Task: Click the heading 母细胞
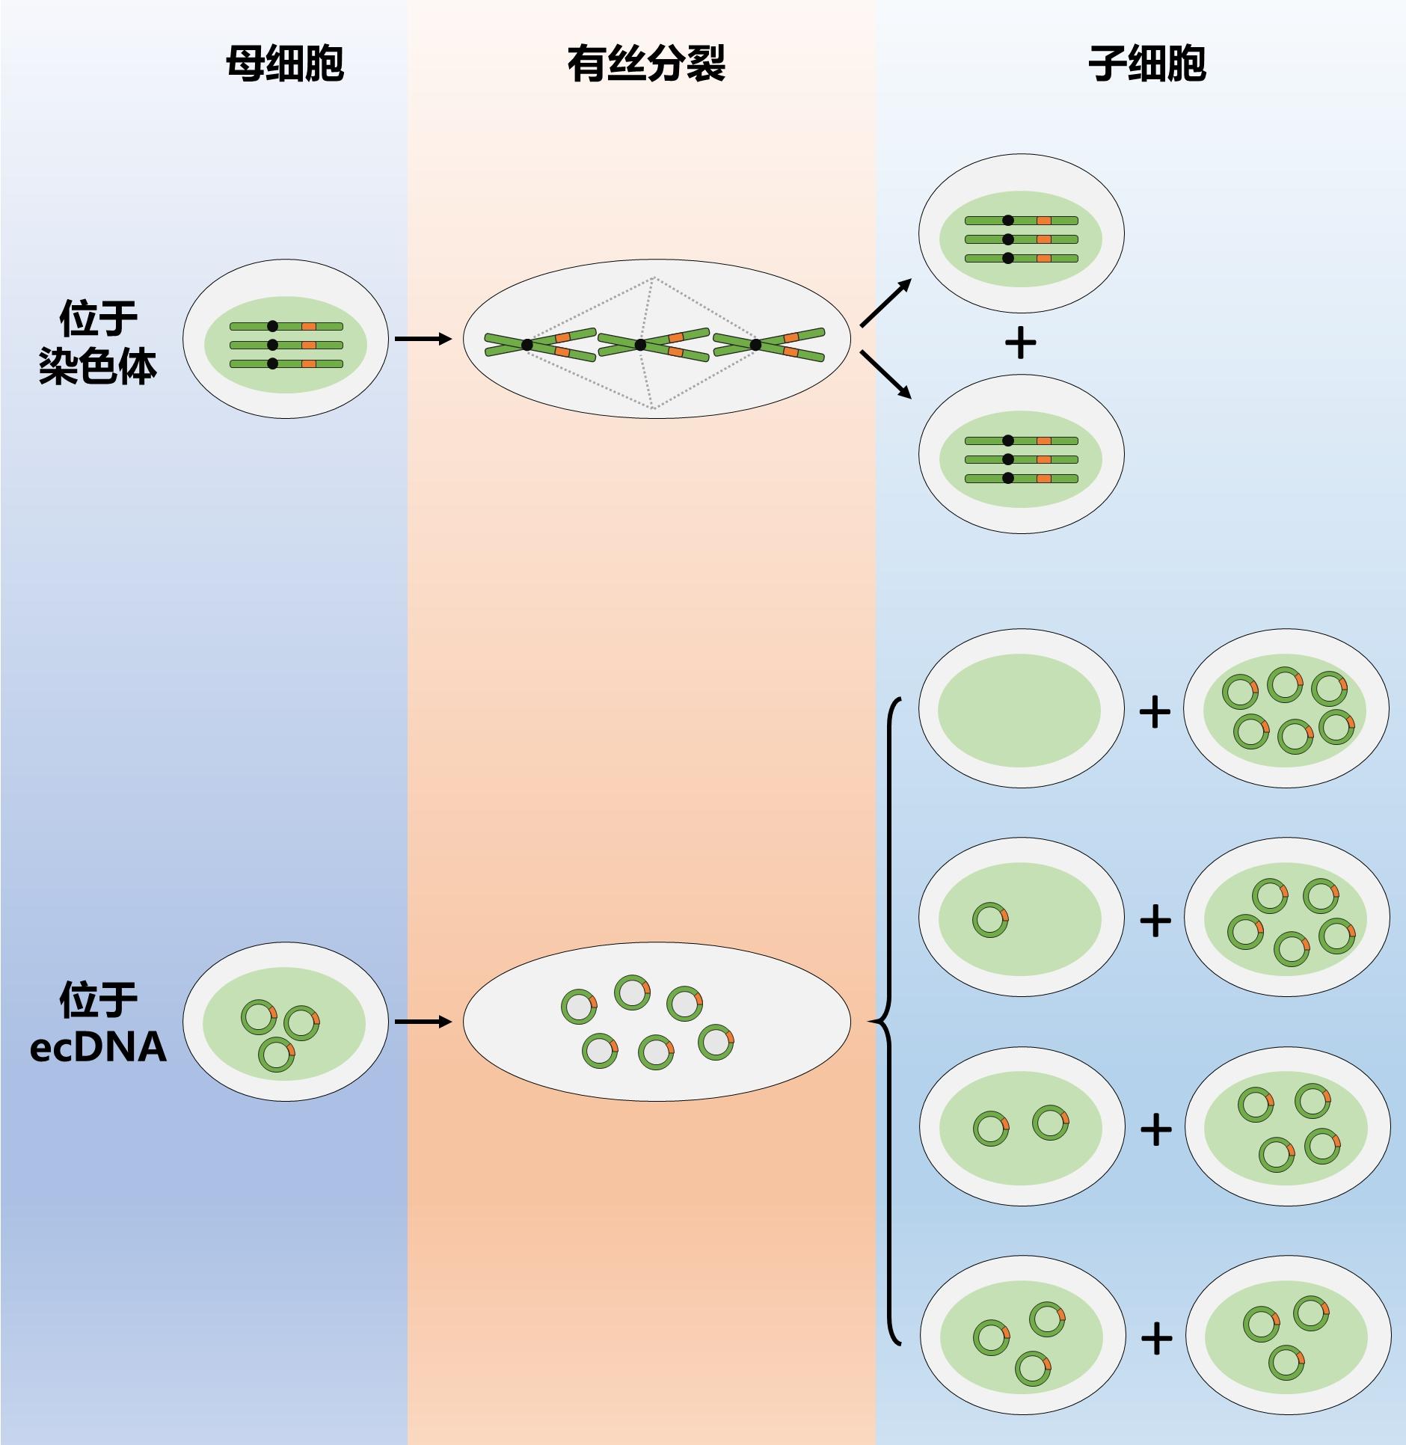pyautogui.click(x=285, y=64)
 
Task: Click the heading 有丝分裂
pyautogui.click(x=646, y=64)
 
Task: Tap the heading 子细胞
pyautogui.click(x=1146, y=64)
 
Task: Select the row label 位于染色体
pyautogui.click(x=98, y=343)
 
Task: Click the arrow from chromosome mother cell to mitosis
pyautogui.click(x=423, y=339)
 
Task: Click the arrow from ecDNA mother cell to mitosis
pyautogui.click(x=423, y=1022)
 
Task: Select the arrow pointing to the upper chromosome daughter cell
pyautogui.click(x=886, y=302)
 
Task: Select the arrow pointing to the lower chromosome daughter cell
pyautogui.click(x=886, y=374)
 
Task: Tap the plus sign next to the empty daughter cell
pyautogui.click(x=1155, y=712)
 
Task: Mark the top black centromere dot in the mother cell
pyautogui.click(x=272, y=326)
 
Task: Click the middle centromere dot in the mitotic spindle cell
pyautogui.click(x=640, y=345)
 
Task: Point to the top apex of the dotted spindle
pyautogui.click(x=653, y=278)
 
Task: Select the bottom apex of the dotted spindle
pyautogui.click(x=653, y=408)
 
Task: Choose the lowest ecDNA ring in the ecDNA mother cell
pyautogui.click(x=277, y=1055)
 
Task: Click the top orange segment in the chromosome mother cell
pyautogui.click(x=309, y=327)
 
